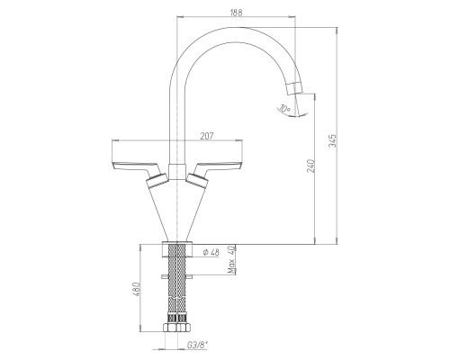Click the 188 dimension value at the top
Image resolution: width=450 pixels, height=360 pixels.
coord(237,13)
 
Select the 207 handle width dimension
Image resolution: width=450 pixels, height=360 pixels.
coord(207,136)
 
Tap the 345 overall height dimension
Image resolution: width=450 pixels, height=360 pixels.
coord(333,140)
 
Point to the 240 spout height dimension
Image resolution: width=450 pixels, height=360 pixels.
coord(311,166)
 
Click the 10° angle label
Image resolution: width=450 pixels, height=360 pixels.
coord(284,108)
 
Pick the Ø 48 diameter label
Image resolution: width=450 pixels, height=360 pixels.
coord(211,252)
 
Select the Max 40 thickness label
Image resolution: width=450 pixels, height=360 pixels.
coord(231,260)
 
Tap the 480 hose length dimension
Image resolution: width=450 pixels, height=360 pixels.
coord(137,290)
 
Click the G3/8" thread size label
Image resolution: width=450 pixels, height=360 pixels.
coord(198,346)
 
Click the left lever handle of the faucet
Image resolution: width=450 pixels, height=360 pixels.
coord(136,168)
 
